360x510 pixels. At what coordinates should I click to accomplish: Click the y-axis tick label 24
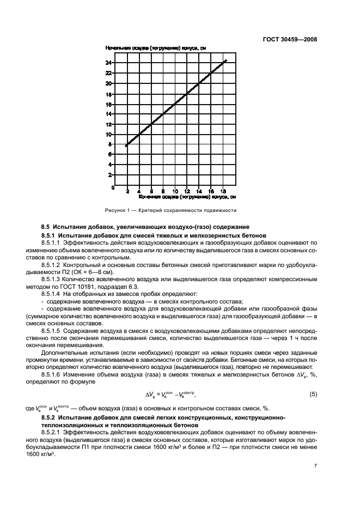[x=108, y=63]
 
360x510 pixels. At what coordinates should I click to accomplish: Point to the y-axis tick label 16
[x=108, y=104]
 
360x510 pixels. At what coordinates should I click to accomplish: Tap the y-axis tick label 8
[x=110, y=144]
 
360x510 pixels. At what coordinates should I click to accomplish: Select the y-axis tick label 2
[x=110, y=175]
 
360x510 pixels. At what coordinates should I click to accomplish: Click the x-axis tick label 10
[x=175, y=191]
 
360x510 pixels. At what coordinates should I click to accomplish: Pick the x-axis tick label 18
[x=223, y=191]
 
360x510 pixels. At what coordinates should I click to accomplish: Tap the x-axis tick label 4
[x=139, y=191]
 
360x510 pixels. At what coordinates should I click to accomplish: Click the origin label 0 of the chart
[x=113, y=187]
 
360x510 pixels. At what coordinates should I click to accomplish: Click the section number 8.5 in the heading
[x=46, y=226]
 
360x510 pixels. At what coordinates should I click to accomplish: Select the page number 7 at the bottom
[x=315, y=466]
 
